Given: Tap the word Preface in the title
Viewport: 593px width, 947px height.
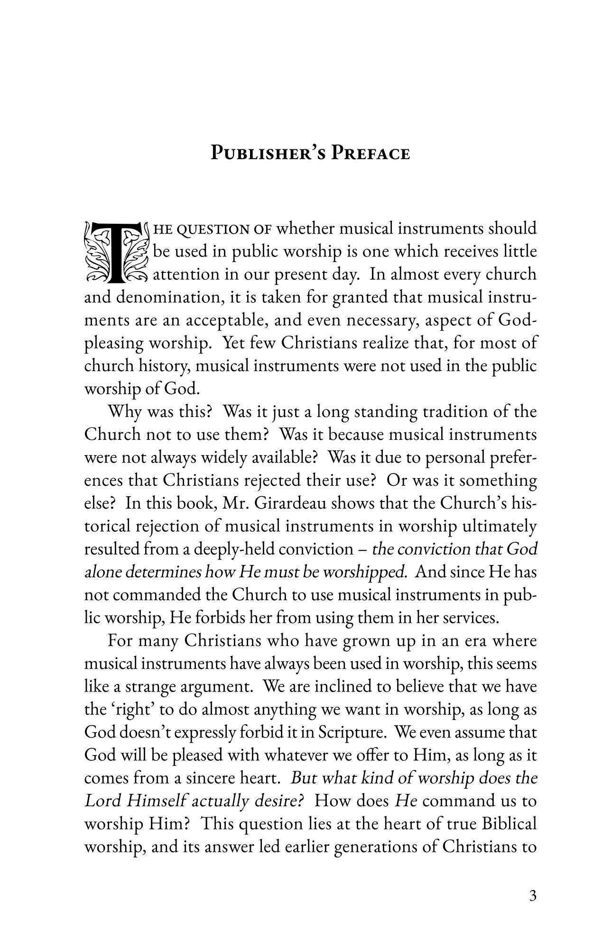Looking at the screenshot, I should (370, 154).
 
